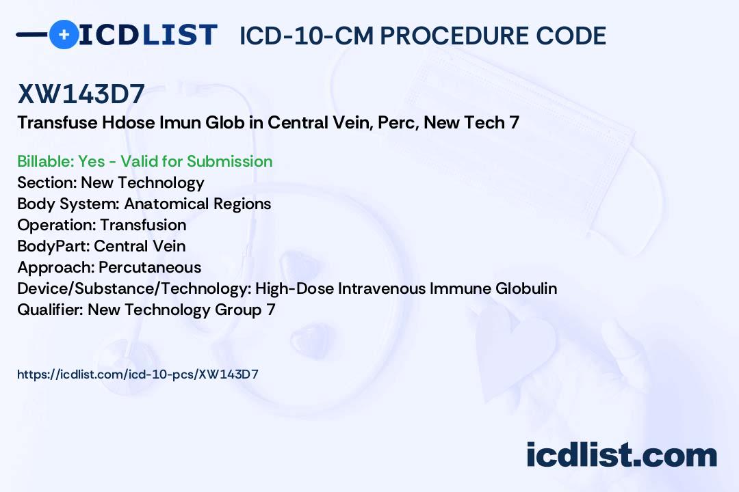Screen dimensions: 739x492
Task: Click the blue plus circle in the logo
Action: (x=64, y=34)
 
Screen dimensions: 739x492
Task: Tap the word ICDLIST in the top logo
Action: (x=148, y=35)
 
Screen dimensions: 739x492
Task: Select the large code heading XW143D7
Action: (x=81, y=94)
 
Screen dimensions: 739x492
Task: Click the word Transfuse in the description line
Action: (x=57, y=122)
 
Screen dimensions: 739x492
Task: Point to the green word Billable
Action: (x=44, y=161)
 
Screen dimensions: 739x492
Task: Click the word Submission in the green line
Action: (x=229, y=161)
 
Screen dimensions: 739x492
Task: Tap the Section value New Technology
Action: (x=143, y=182)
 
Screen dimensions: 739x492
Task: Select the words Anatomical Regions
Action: (x=198, y=204)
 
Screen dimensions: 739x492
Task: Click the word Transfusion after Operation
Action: (x=143, y=225)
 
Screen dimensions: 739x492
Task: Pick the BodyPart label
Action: (x=53, y=246)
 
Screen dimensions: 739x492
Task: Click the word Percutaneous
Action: (x=150, y=267)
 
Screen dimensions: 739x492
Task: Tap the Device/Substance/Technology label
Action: (x=134, y=288)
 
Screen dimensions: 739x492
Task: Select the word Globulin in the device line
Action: (x=526, y=288)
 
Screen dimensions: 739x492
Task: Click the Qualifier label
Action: (x=51, y=310)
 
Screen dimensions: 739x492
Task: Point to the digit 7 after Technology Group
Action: (x=271, y=310)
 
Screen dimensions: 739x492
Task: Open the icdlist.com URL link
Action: (x=138, y=374)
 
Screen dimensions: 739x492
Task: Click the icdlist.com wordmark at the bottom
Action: (x=621, y=454)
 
